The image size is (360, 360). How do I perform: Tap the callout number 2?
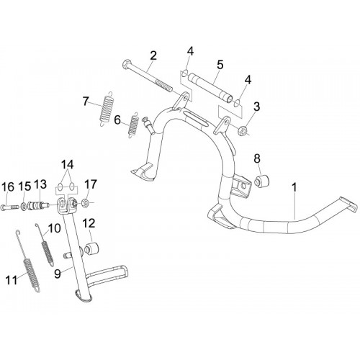[x=153, y=55]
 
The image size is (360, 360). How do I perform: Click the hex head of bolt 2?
[x=127, y=64]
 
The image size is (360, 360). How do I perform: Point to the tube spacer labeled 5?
[x=211, y=89]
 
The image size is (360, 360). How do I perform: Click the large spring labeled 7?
[x=106, y=109]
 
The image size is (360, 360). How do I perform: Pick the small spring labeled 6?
[x=133, y=125]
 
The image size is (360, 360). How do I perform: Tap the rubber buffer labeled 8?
[x=262, y=181]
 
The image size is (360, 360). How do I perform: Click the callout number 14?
[x=67, y=165]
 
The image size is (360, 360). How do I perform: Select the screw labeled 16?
[x=10, y=207]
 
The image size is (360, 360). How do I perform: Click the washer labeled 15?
[x=24, y=206]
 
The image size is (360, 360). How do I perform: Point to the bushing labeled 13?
[x=38, y=206]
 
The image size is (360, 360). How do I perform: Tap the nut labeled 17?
[x=85, y=204]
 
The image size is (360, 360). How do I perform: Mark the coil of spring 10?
[x=48, y=253]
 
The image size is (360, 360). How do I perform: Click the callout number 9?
[x=57, y=274]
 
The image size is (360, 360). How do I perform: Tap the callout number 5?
[x=220, y=65]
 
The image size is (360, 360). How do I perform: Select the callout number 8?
[x=257, y=158]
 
